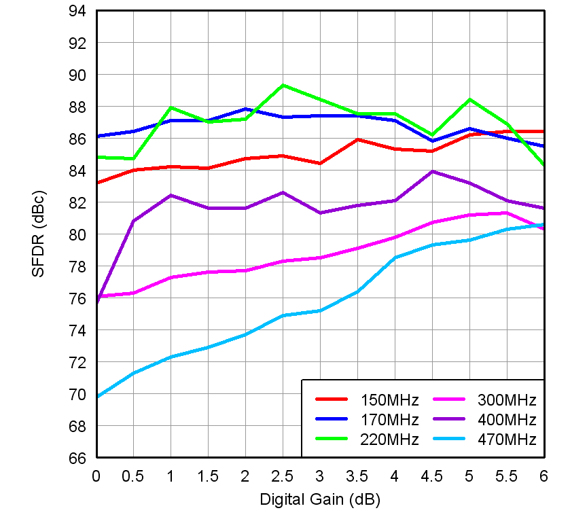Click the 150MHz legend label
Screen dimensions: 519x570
tap(389, 399)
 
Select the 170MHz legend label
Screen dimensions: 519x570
tap(389, 419)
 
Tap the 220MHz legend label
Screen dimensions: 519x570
tap(389, 439)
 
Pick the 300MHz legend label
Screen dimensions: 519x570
tap(507, 399)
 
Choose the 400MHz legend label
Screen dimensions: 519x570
tap(507, 419)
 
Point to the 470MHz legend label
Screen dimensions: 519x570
tap(507, 439)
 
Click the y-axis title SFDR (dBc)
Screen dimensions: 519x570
tap(38, 234)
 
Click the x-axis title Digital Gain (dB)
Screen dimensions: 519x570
tap(319, 500)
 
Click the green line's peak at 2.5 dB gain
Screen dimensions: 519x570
tap(283, 85)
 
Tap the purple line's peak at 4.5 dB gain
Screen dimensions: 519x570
tap(432, 171)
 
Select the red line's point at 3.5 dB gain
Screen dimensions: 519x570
tap(357, 139)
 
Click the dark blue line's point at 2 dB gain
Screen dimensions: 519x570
tap(245, 109)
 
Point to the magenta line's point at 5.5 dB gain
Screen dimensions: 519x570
tap(506, 213)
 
